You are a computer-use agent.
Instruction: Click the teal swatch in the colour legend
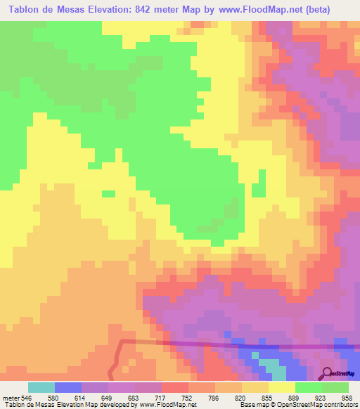[x=41, y=387]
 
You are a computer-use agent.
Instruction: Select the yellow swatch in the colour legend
[x=282, y=387]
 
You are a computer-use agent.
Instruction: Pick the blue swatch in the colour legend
[x=68, y=387]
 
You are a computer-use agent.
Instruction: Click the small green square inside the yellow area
[x=108, y=193]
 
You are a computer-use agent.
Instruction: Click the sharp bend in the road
[x=120, y=342]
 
